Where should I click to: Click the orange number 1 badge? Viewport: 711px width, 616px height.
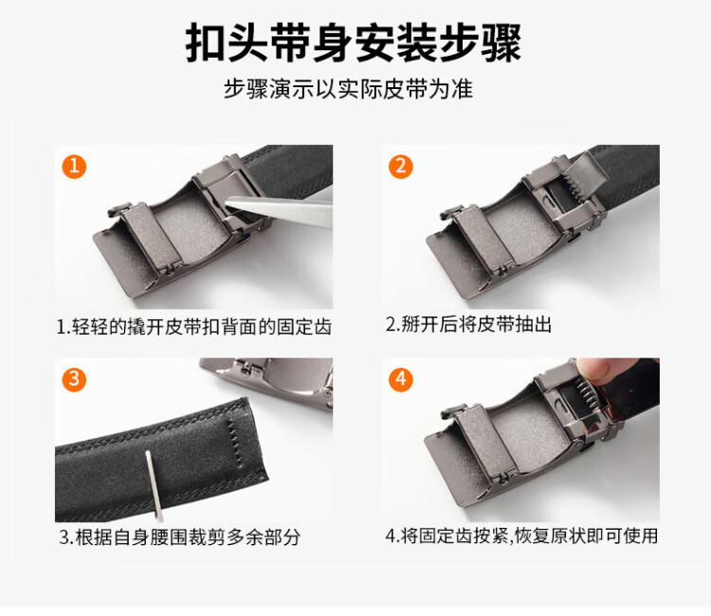pos(74,167)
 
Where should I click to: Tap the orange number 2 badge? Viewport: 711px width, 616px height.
pos(400,167)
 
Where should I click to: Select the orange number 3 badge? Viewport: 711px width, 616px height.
pos(74,379)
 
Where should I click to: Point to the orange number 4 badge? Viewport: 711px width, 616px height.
pos(400,379)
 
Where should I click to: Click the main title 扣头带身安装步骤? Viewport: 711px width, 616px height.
pos(354,43)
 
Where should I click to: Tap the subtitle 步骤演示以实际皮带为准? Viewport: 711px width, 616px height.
pos(348,88)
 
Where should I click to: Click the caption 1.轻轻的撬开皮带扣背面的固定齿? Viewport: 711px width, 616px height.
pos(194,326)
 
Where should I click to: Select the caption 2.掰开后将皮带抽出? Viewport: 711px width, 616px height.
pos(468,324)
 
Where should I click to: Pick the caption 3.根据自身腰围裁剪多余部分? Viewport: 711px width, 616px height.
pos(179,537)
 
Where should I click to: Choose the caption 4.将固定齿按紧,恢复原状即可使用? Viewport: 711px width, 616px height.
pos(521,535)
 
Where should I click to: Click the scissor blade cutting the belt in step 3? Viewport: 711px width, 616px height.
pos(155,486)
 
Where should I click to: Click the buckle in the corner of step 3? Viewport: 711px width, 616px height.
pos(266,381)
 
